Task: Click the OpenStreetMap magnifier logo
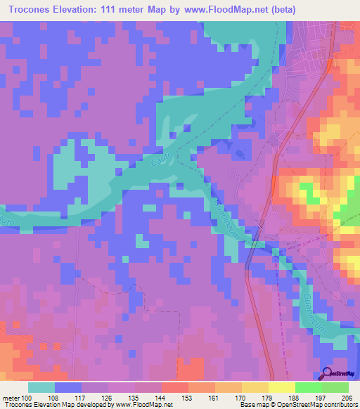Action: (328, 374)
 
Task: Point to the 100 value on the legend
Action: (27, 398)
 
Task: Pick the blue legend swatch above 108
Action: (67, 387)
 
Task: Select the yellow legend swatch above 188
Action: (282, 387)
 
